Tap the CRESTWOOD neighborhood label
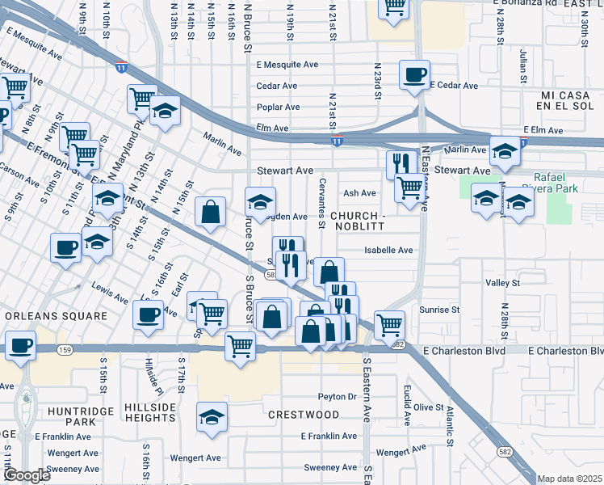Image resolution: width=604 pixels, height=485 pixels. pos(304,415)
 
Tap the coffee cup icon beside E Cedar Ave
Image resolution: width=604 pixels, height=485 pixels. pos(414,74)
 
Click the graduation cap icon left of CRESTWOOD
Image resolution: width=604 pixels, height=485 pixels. pos(212,417)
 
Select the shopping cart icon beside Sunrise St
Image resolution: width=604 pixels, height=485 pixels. pos(389,324)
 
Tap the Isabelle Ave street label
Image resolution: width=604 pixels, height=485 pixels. pos(388,251)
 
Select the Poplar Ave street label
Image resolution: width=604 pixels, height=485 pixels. pos(278,108)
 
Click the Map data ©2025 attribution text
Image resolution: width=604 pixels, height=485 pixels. pos(569,479)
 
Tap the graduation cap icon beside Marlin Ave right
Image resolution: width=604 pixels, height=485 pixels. pos(505,150)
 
